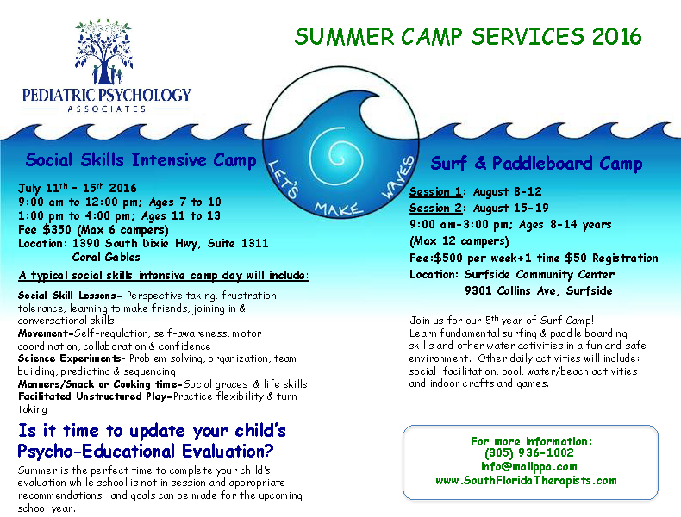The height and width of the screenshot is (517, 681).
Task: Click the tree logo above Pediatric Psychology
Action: point(103,52)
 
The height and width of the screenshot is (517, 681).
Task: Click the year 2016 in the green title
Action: point(616,36)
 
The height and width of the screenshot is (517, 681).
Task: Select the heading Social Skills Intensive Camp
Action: point(141,159)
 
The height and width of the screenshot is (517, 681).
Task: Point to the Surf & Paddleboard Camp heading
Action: point(536,163)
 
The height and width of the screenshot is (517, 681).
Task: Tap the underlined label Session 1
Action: point(435,191)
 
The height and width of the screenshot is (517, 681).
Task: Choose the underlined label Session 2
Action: point(435,208)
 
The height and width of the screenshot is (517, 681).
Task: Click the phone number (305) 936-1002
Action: point(529,452)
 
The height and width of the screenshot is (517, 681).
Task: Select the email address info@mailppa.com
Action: point(529,467)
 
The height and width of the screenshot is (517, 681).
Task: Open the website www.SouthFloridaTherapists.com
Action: point(526,481)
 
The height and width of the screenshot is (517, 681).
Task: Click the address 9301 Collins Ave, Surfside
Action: point(539,290)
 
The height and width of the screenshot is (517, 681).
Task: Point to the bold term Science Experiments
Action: point(70,358)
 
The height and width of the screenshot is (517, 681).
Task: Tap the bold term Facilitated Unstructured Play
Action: point(92,396)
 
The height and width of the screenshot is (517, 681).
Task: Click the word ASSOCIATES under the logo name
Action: point(106,109)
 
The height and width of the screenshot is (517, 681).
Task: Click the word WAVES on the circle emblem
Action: point(398,178)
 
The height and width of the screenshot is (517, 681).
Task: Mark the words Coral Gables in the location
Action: point(106,257)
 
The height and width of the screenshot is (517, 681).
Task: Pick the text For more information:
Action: point(531,441)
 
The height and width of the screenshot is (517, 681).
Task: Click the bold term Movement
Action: point(43,333)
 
